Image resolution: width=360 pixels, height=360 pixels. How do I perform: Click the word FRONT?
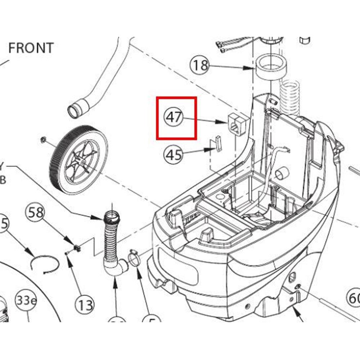[x=31, y=48]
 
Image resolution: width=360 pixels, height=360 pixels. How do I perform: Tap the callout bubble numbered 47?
[x=174, y=118]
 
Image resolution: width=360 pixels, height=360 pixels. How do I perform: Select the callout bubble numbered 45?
[x=173, y=155]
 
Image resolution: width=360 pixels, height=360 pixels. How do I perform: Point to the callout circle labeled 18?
[x=199, y=65]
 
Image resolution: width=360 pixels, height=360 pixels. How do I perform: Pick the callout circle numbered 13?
[x=85, y=306]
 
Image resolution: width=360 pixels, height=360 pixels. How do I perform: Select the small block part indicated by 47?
[x=237, y=124]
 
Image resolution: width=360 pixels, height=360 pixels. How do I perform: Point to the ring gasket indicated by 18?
[x=271, y=67]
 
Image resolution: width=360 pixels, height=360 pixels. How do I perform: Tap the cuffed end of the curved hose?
[x=77, y=108]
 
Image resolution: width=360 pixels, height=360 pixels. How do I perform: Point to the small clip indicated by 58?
[x=77, y=248]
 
